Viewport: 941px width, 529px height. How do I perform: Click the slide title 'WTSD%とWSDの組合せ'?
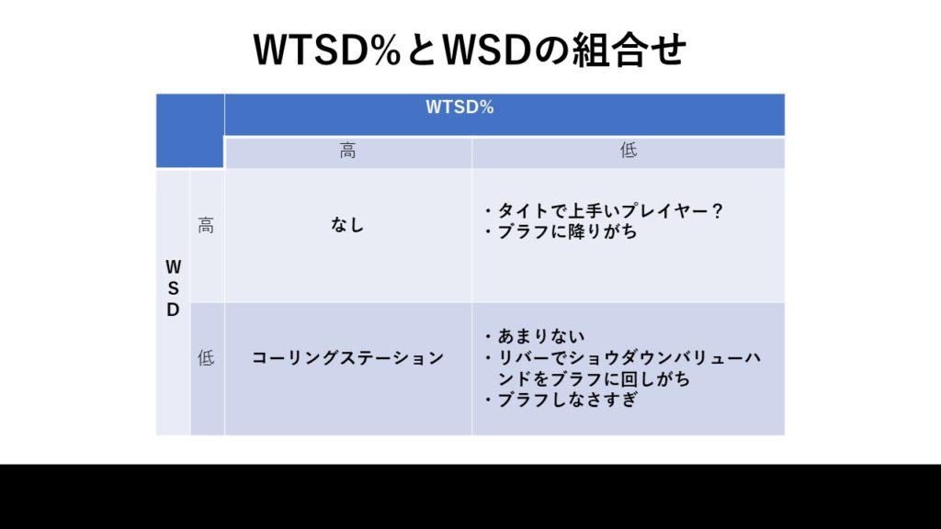(470, 50)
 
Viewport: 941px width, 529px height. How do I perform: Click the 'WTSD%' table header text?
(459, 107)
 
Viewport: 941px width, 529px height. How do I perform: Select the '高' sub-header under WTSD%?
(347, 151)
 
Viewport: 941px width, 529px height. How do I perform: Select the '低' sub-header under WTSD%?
(629, 151)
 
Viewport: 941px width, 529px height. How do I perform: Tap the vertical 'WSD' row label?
(173, 288)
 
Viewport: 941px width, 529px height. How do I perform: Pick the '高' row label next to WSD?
(206, 226)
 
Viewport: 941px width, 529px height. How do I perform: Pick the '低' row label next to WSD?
(206, 358)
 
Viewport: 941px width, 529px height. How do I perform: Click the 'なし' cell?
(347, 225)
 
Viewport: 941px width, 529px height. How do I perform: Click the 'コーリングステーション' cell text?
(347, 358)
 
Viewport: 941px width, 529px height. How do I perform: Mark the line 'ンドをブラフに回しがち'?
(595, 379)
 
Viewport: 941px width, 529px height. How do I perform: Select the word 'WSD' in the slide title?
(487, 50)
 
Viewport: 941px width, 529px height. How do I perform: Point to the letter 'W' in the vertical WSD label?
(173, 267)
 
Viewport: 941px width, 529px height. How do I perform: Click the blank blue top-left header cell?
(190, 130)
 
